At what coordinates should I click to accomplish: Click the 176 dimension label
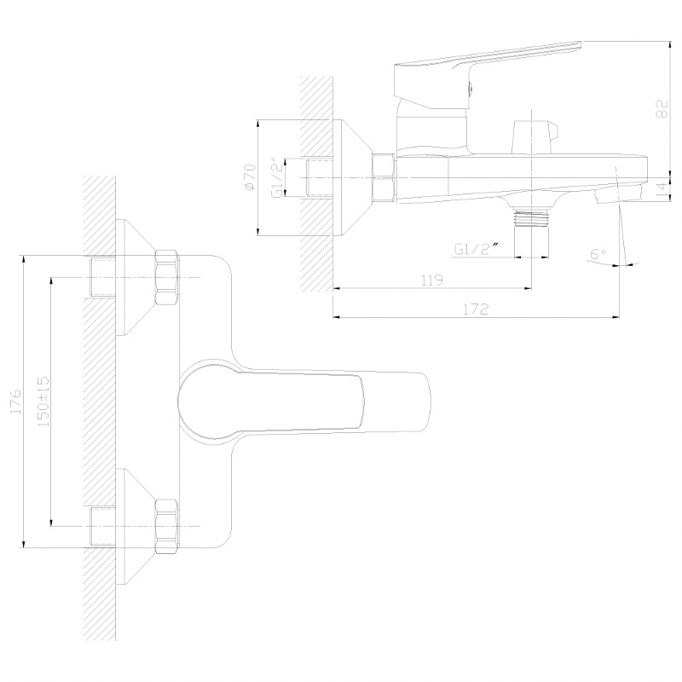coord(15,401)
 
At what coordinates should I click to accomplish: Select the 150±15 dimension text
coord(43,401)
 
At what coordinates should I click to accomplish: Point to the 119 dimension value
coord(432,280)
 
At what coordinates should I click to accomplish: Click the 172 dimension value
coord(476,309)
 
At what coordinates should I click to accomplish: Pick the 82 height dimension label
coord(662,109)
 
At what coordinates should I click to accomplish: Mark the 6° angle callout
coord(598,253)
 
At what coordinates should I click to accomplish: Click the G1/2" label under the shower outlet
coord(477,249)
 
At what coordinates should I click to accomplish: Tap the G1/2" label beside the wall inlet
coord(278,178)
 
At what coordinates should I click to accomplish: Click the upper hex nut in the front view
coord(166,278)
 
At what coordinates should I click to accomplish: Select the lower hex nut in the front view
coord(166,527)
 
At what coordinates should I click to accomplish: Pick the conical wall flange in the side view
coord(353,177)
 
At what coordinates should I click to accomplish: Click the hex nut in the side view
coord(384,177)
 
